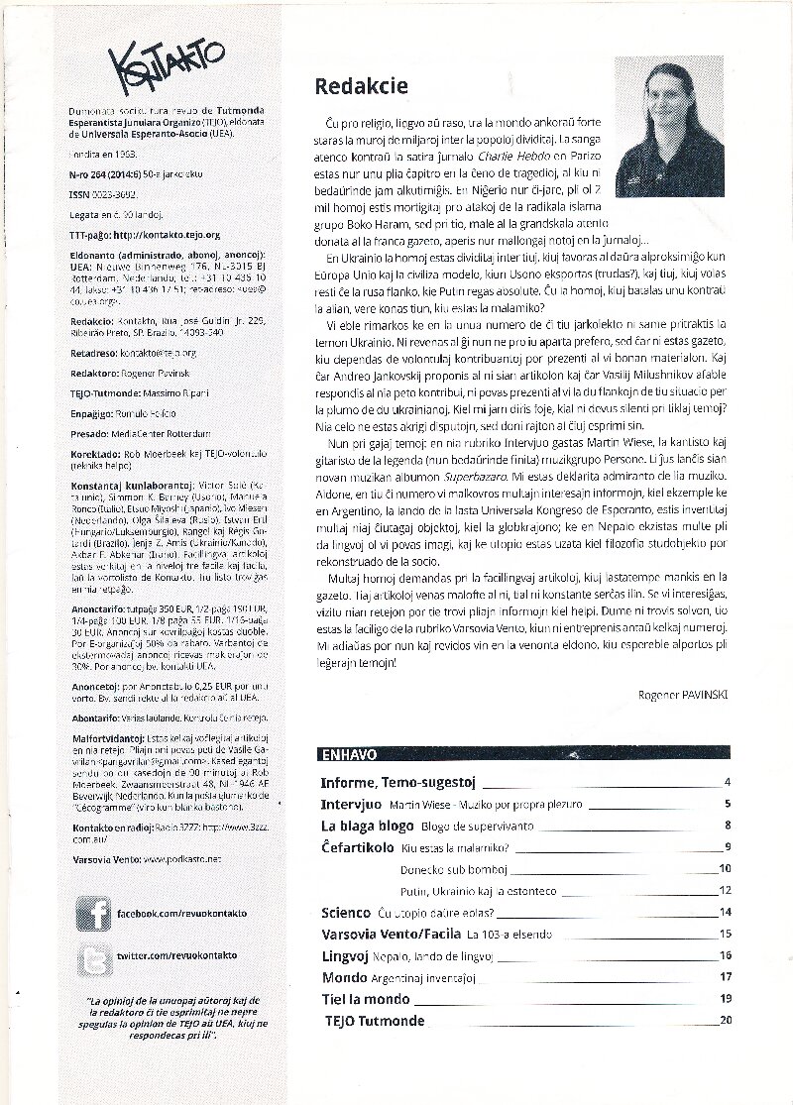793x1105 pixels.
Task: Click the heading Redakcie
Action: coord(361,87)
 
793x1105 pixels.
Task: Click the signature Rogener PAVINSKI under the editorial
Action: coord(684,695)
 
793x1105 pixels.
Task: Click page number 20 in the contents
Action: coord(726,1021)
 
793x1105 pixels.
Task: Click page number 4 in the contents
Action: coord(728,782)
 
